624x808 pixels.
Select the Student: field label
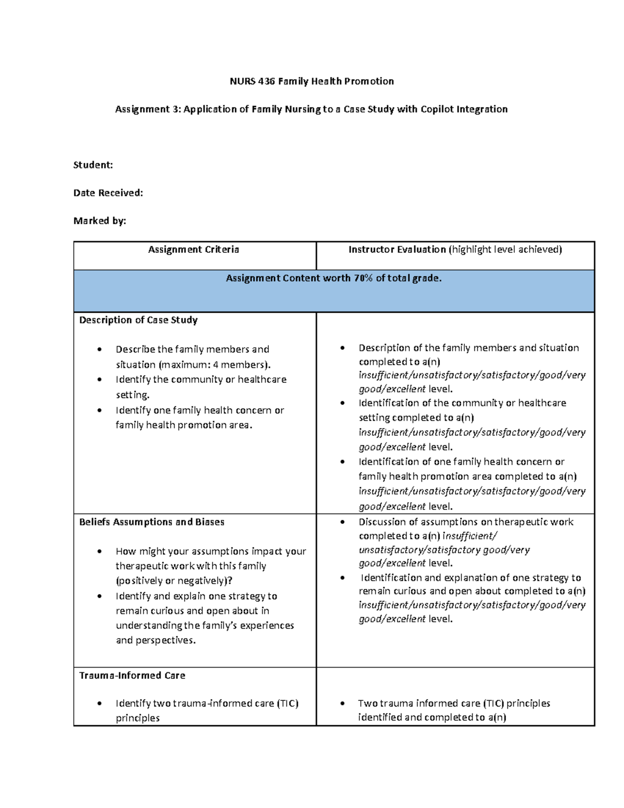[93, 165]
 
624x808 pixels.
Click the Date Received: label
[108, 193]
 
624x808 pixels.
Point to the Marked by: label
[100, 221]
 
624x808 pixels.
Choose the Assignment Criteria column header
[193, 250]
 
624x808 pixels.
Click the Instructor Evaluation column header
[397, 250]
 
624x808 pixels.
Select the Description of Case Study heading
[138, 320]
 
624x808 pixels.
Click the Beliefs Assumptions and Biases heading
[152, 522]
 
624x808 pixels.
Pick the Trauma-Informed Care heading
[132, 675]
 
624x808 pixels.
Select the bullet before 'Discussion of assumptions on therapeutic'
[342, 522]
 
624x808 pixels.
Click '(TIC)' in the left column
[288, 703]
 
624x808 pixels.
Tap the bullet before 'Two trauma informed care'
[342, 703]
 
